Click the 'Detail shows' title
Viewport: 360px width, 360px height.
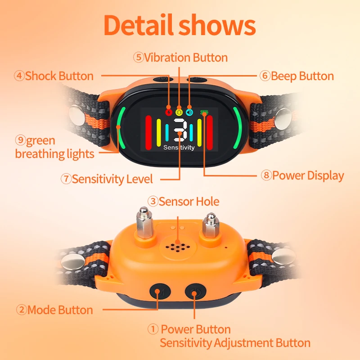pos(180,26)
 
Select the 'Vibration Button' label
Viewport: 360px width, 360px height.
pos(180,58)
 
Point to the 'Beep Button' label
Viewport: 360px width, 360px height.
pos(297,76)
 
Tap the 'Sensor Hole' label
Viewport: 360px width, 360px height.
pos(184,201)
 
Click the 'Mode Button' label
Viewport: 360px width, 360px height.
pos(54,310)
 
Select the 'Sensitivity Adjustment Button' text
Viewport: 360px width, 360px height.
pos(235,343)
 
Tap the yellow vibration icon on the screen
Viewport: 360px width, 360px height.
pos(179,112)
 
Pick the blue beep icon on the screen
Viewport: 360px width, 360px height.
pos(189,112)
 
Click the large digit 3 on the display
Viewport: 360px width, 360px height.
pos(179,130)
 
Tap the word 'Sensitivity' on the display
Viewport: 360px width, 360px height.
pos(179,148)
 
